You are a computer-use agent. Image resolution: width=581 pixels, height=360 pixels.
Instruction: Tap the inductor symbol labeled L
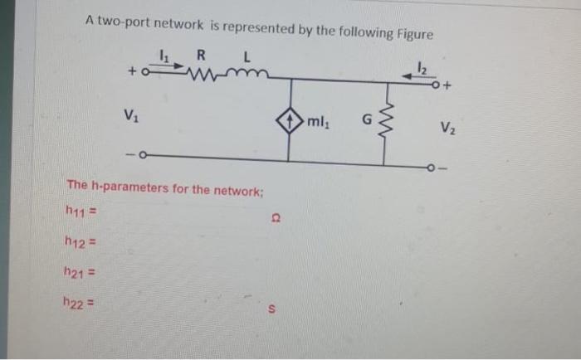(x=246, y=77)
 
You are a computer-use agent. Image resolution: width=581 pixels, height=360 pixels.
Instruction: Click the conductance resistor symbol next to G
(x=384, y=122)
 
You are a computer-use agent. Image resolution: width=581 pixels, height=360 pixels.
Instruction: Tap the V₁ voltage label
(x=131, y=114)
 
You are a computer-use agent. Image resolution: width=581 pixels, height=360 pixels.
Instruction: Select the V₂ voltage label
(x=447, y=127)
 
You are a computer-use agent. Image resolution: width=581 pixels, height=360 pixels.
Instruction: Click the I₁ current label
(x=164, y=56)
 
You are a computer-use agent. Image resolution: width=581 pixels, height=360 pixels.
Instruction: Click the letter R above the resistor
(x=202, y=56)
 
